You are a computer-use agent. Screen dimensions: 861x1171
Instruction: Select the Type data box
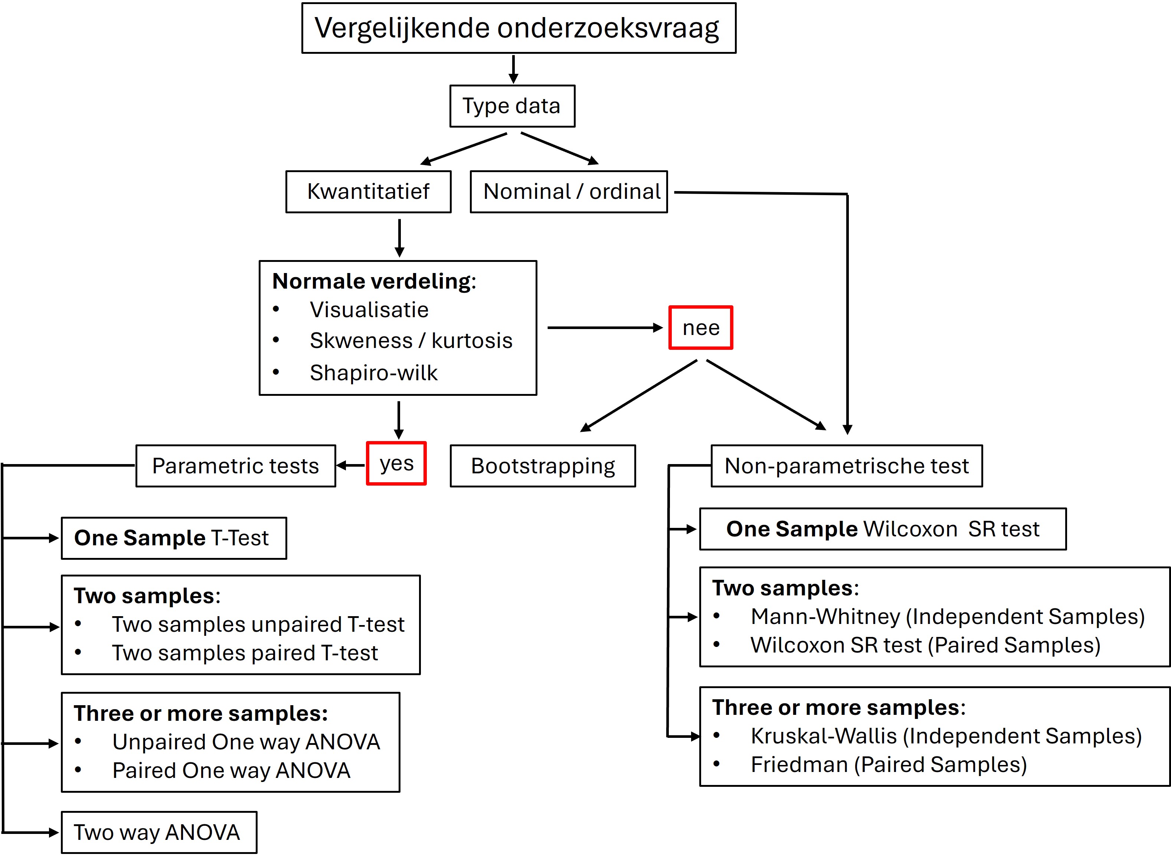[x=512, y=106]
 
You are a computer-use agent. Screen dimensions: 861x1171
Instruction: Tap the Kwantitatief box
[x=368, y=191]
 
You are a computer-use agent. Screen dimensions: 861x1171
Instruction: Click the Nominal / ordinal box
[x=569, y=191]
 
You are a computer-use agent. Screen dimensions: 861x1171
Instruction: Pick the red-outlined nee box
[x=701, y=327]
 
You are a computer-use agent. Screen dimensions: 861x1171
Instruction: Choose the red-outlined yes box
[x=396, y=463]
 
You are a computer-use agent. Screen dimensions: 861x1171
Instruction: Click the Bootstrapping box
[x=542, y=466]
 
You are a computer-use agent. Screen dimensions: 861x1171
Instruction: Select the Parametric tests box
[x=236, y=466]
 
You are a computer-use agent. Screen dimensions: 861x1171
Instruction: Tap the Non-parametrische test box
[x=846, y=466]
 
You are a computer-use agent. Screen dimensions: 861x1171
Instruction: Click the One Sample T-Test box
[x=174, y=538]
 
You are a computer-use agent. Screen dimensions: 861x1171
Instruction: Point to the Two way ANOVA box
[x=158, y=832]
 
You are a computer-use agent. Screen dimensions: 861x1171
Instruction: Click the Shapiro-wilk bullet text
[x=373, y=373]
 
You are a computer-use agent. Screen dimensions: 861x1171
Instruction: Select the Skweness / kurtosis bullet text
[x=411, y=340]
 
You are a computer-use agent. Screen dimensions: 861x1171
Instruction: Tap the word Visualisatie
[x=369, y=310]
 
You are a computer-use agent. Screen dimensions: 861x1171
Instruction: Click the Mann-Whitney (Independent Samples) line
[x=947, y=617]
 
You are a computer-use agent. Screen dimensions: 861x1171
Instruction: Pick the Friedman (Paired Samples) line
[x=889, y=765]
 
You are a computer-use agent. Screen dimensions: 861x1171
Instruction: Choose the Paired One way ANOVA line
[x=231, y=770]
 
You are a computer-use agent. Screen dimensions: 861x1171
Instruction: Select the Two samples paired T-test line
[x=245, y=653]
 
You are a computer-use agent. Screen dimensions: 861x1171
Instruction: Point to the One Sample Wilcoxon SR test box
[x=882, y=529]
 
